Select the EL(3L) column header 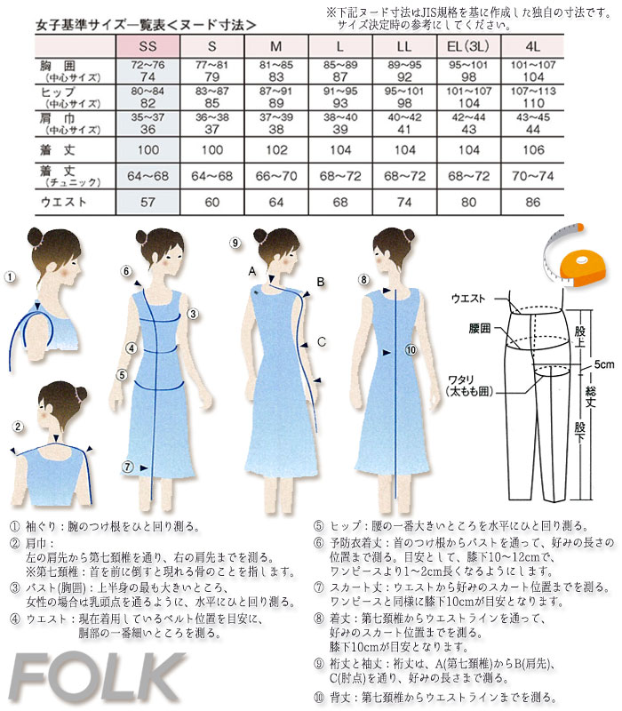(467, 45)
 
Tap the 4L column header (531, 45)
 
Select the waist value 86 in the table (531, 203)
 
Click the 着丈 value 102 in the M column (275, 149)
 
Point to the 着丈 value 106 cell (531, 149)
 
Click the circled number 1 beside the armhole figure (10, 277)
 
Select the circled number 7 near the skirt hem (128, 466)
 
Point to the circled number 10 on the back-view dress (411, 350)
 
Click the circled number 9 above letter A (235, 243)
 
